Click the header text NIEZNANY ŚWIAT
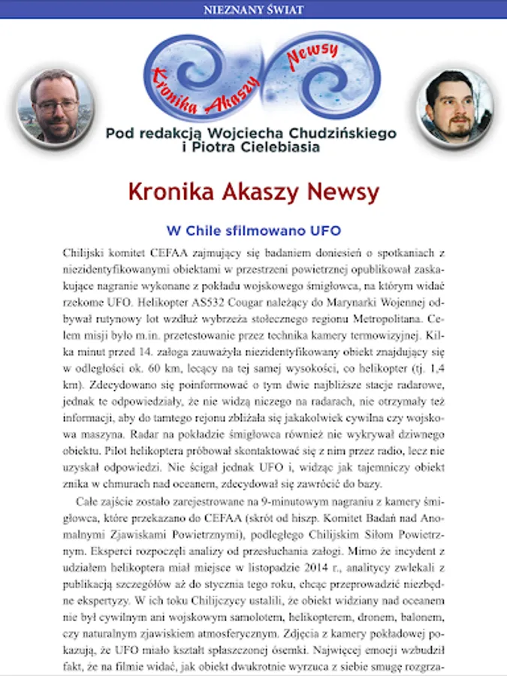click(x=254, y=10)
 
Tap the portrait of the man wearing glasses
click(x=54, y=106)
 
